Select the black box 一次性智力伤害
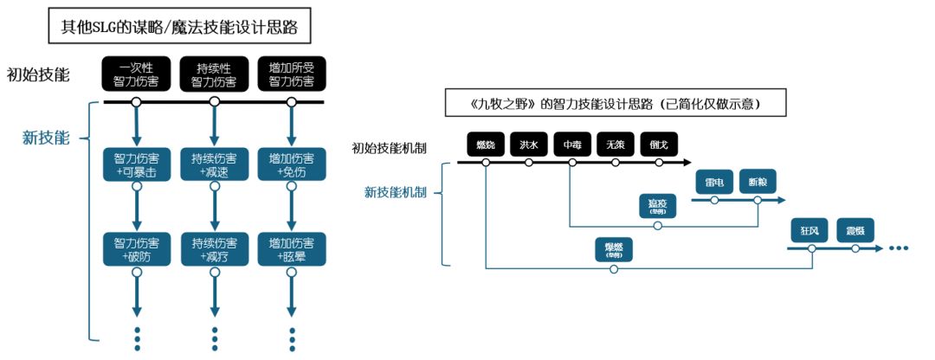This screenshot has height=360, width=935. point(136,75)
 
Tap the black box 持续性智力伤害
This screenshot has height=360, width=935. point(214,75)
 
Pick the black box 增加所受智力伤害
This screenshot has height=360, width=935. point(292,75)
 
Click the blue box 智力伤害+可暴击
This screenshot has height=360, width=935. point(136,165)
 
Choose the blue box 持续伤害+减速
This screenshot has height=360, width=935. point(214,165)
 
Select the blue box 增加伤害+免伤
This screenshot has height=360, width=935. point(292,165)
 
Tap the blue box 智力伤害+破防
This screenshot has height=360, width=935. point(136,249)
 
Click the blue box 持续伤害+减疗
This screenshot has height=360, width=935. point(214,249)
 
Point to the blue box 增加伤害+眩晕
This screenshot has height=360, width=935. point(292,249)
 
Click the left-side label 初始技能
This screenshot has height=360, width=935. point(38,74)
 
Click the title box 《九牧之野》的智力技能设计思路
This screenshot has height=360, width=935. point(615,104)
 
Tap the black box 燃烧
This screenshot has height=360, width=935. point(486,145)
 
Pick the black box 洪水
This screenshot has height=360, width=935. point(529,145)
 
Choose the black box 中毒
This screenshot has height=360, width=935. point(571,145)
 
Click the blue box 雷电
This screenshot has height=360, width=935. point(714,183)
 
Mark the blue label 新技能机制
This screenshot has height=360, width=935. point(395,191)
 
